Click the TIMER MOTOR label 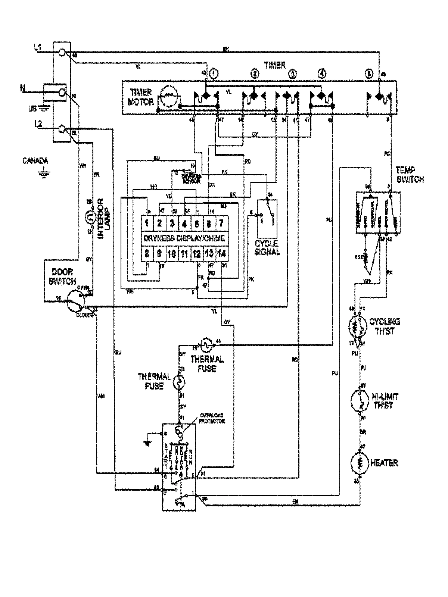coord(141,97)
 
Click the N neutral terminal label coord(23,89)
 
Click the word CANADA coord(35,161)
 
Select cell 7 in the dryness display coord(221,224)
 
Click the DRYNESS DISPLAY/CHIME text coord(184,238)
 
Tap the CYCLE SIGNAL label coord(267,248)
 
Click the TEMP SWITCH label coord(410,175)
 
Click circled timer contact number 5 coord(369,74)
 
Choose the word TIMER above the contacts coord(275,66)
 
